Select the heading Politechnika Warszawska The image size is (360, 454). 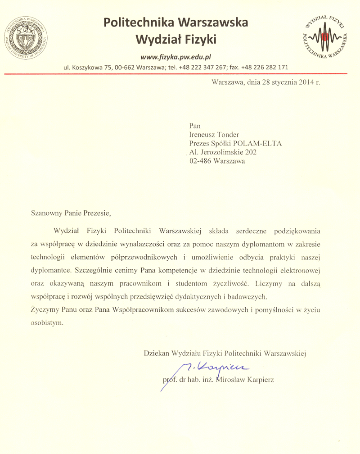point(175,22)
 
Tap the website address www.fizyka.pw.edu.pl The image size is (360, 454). point(176,57)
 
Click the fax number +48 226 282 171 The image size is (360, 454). point(265,68)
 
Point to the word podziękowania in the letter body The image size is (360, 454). point(295,231)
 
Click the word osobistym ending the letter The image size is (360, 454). point(45,322)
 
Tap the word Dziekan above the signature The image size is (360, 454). point(156,354)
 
